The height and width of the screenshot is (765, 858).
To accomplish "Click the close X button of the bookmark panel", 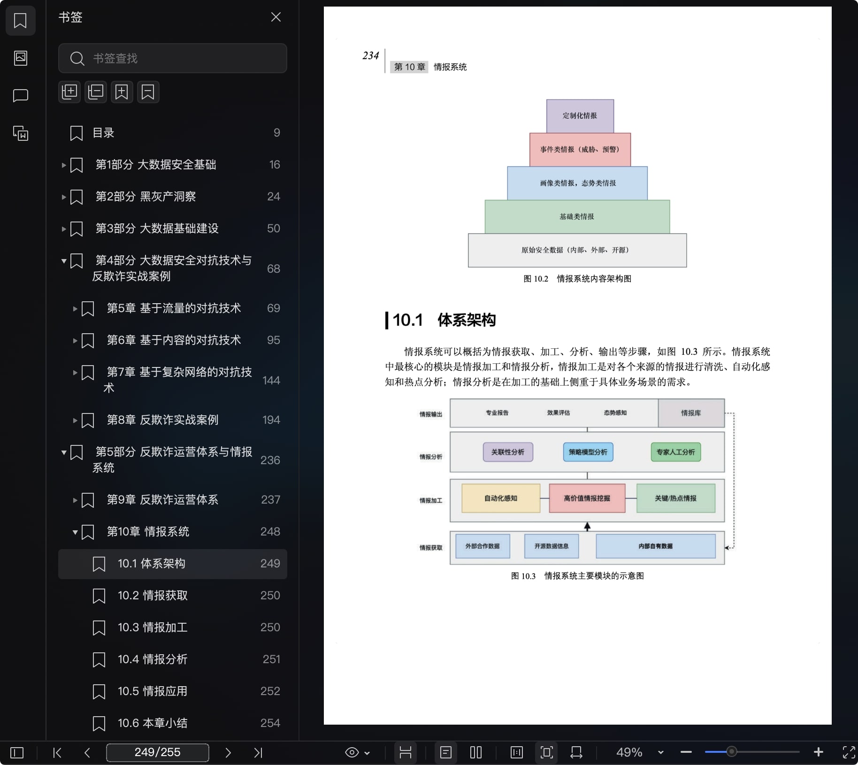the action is [276, 17].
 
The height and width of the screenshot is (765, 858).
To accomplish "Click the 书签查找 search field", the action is [173, 58].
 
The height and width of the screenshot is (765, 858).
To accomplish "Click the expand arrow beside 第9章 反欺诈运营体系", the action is [75, 500].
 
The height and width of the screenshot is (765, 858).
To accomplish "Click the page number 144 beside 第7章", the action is [271, 380].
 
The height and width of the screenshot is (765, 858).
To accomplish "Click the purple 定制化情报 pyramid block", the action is [580, 116].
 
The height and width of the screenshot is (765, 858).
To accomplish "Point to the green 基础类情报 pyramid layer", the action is [577, 217].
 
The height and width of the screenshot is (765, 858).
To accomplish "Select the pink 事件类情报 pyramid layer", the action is [580, 150].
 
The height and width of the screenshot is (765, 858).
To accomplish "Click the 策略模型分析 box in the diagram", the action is [588, 452].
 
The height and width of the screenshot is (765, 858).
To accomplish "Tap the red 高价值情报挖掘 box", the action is [587, 498].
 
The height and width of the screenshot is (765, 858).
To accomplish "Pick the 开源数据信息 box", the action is [552, 546].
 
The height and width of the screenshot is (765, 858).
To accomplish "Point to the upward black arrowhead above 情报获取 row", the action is [587, 526].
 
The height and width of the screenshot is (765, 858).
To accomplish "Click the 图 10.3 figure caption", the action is [577, 576].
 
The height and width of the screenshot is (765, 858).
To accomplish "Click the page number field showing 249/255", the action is [158, 752].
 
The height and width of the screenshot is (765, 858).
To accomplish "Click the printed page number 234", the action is [371, 56].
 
